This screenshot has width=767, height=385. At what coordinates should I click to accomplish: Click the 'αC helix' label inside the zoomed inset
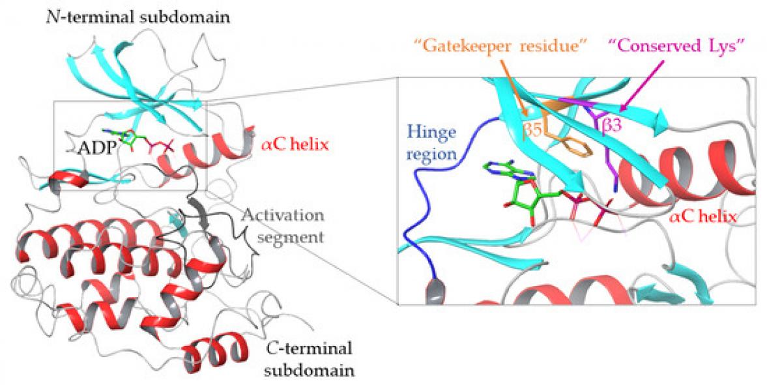(704, 217)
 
